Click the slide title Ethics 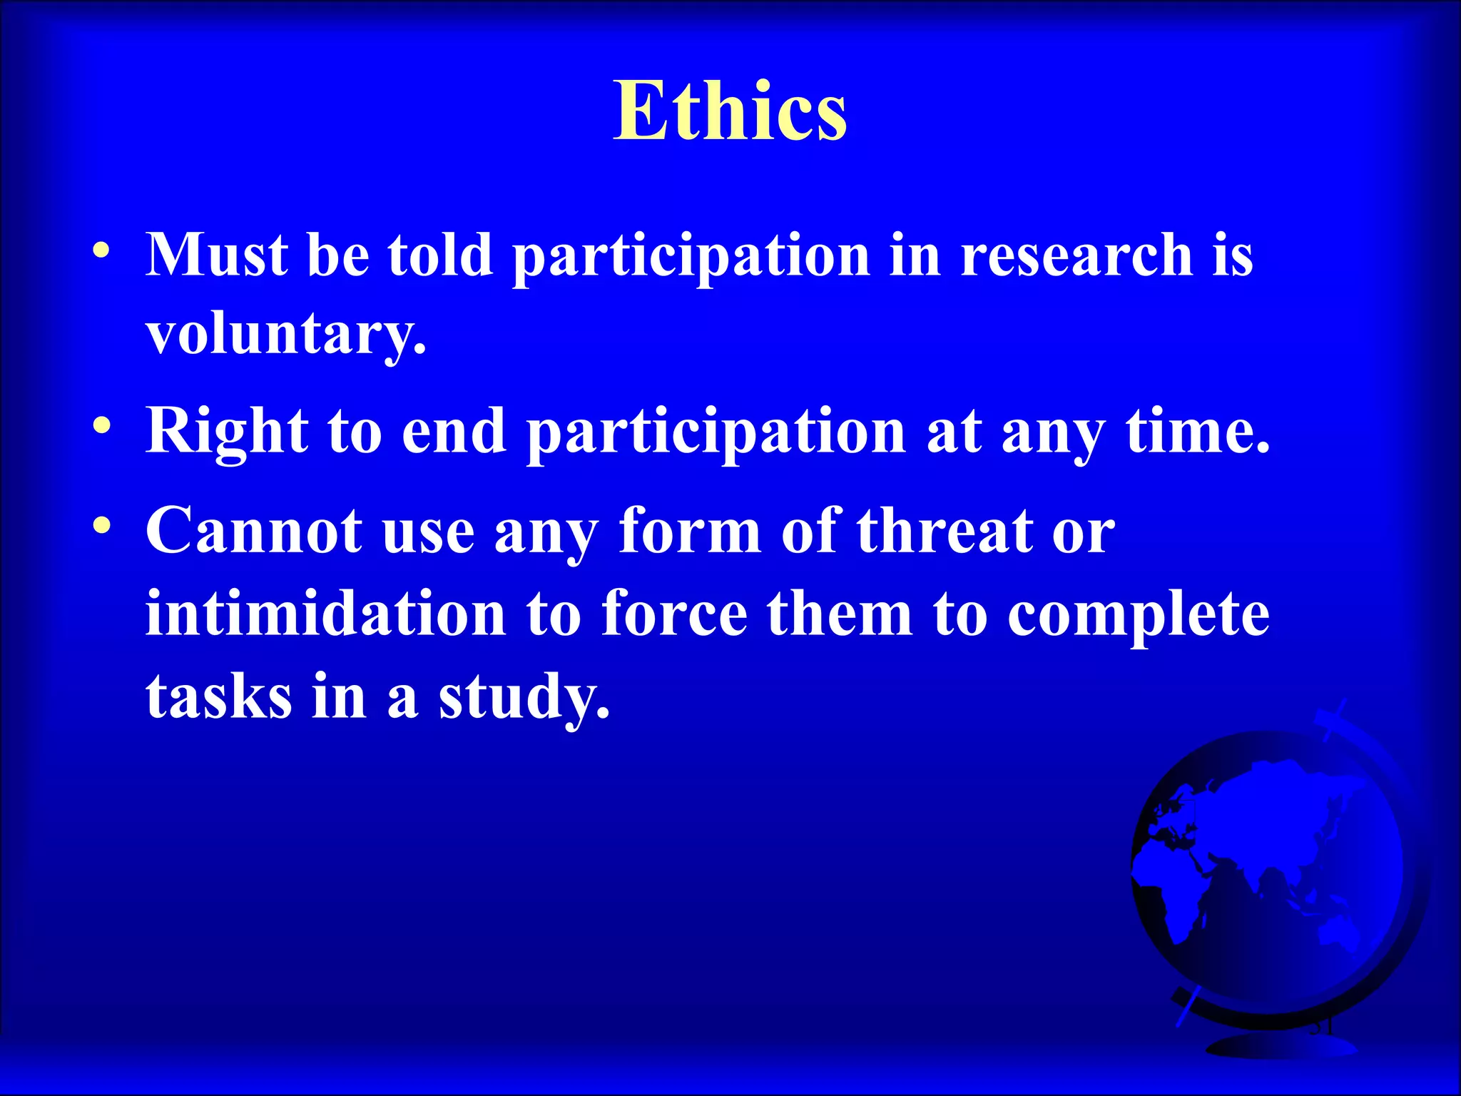click(x=730, y=111)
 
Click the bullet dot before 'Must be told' click(x=101, y=250)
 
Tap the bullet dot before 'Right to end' click(x=101, y=426)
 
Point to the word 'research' click(x=1076, y=255)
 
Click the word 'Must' click(x=217, y=255)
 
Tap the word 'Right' click(x=227, y=432)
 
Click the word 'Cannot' click(x=254, y=531)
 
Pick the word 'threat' click(x=945, y=531)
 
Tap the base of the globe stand click(x=1281, y=1046)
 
